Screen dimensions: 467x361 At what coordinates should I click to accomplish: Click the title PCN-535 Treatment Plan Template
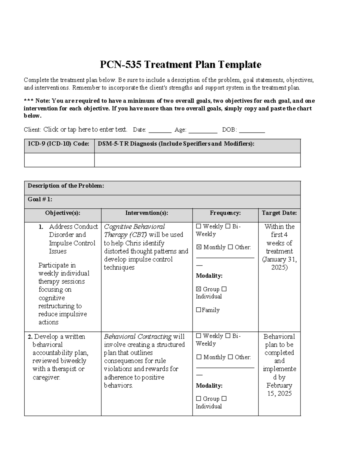(180, 64)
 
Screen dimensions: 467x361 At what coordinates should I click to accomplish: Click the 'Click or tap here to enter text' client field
(85, 130)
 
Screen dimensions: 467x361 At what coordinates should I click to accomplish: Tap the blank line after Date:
(160, 130)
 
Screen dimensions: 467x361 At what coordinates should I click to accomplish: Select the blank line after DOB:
(252, 130)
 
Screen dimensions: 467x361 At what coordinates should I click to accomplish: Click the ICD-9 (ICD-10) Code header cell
(59, 144)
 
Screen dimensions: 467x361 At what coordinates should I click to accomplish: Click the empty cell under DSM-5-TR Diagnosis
(197, 160)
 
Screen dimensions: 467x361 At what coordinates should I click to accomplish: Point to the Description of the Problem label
(66, 186)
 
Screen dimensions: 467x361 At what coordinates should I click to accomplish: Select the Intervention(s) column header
(147, 213)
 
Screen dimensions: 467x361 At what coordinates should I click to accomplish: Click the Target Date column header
(279, 213)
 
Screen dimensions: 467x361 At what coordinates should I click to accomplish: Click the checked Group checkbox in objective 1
(199, 289)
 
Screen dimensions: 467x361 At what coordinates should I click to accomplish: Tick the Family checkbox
(199, 310)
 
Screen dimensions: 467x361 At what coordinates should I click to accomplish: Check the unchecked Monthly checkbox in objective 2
(199, 357)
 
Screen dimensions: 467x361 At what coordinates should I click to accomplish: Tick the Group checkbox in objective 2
(199, 399)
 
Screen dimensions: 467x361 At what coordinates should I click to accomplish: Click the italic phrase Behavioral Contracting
(138, 336)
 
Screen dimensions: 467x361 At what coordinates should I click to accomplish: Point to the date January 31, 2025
(279, 263)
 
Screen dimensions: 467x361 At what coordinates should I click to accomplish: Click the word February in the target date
(279, 386)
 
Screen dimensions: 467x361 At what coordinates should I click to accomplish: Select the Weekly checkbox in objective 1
(199, 226)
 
